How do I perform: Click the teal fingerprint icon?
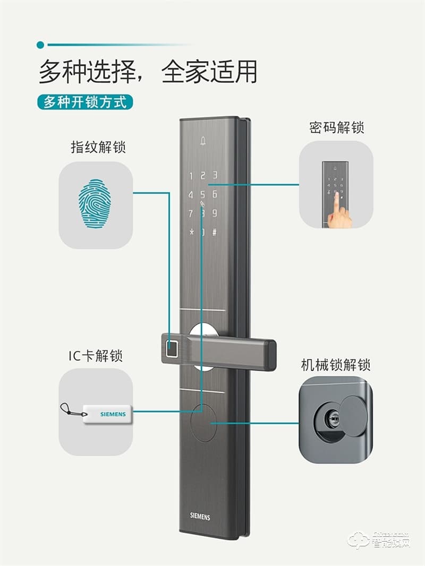[x=95, y=204]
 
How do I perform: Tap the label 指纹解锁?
[x=98, y=147]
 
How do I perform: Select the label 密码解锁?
[x=336, y=128]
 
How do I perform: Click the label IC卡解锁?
[x=96, y=355]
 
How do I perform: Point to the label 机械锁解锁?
[x=335, y=365]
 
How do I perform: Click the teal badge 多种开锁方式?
[x=85, y=101]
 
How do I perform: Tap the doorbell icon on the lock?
[x=203, y=141]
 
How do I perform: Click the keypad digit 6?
[x=215, y=194]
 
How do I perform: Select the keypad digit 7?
[x=191, y=213]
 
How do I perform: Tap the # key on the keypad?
[x=215, y=233]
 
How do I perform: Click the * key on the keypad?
[x=191, y=233]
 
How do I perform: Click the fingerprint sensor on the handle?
[x=172, y=348]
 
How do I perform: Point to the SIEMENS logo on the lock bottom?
[x=200, y=517]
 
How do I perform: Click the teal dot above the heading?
[x=40, y=45]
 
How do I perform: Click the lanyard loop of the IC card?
[x=68, y=409]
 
